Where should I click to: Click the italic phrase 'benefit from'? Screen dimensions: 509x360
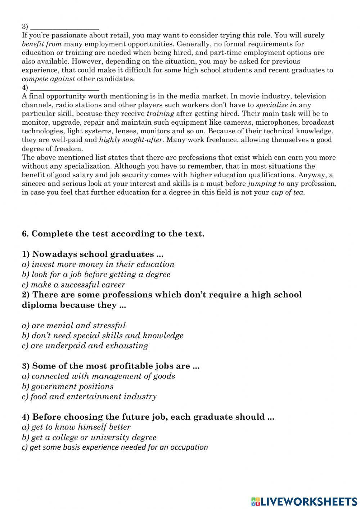click(41, 44)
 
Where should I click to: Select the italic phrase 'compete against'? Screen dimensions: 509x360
click(48, 79)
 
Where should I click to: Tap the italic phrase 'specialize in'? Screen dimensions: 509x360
click(276, 105)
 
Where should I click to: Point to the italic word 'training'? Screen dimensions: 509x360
click(160, 114)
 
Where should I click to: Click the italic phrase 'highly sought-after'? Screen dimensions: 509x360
click(131, 140)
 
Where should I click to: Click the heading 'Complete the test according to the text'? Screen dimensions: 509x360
click(113, 234)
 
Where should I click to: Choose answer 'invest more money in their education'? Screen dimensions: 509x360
click(98, 264)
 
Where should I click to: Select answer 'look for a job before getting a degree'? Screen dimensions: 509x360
click(96, 274)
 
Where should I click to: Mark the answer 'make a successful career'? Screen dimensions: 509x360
click(73, 285)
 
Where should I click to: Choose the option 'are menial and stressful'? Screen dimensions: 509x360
click(74, 325)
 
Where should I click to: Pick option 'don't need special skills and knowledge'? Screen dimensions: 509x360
click(103, 335)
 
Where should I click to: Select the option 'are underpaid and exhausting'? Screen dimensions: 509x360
click(85, 345)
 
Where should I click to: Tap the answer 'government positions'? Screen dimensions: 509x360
click(68, 387)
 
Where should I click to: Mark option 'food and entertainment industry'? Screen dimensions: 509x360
click(89, 397)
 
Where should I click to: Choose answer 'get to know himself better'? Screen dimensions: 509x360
click(76, 427)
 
